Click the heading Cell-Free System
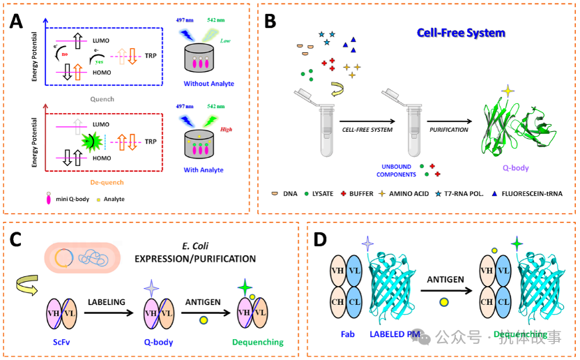click(461, 33)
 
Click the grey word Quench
click(102, 98)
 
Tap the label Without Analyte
click(209, 84)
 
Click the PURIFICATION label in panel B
click(448, 129)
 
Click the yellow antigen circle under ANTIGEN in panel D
click(443, 302)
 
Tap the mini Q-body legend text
click(75, 199)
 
